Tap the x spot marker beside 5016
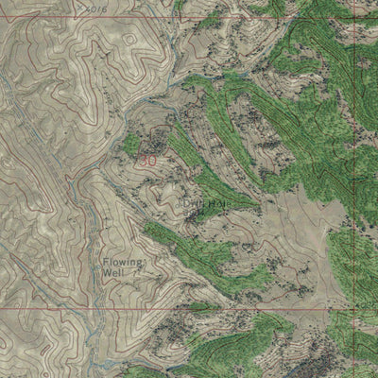click(79, 5)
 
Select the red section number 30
click(147, 161)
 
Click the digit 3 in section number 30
click(143, 161)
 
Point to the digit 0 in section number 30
click(152, 161)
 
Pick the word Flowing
click(124, 261)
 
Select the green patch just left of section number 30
click(130, 146)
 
